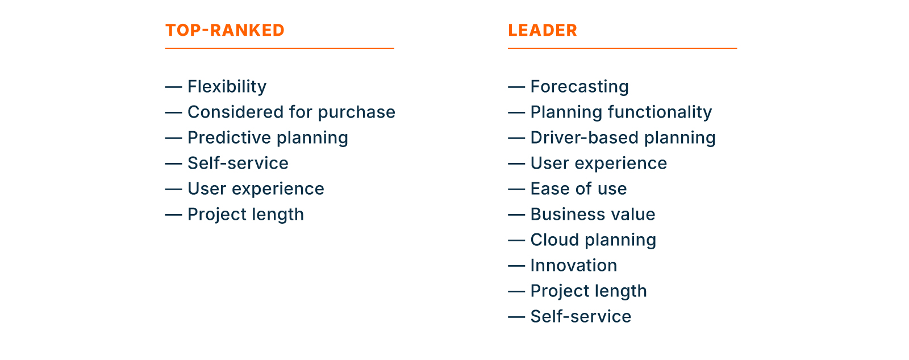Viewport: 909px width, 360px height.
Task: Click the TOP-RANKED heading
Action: (x=224, y=30)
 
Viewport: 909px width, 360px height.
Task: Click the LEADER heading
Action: (x=542, y=30)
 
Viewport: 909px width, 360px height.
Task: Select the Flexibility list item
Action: (x=227, y=86)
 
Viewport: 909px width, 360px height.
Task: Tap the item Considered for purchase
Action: (x=291, y=112)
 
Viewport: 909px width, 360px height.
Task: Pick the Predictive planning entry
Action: (x=268, y=137)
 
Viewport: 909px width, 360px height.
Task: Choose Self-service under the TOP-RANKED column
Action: (x=237, y=163)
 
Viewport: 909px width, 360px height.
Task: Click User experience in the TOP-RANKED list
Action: (x=256, y=189)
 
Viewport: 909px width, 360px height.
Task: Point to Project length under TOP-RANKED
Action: (x=245, y=214)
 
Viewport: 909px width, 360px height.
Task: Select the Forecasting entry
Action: (x=579, y=86)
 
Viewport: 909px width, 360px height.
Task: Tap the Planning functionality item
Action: (x=620, y=112)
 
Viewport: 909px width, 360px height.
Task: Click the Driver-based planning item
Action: (x=623, y=137)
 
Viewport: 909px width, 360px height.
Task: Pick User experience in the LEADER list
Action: (x=598, y=163)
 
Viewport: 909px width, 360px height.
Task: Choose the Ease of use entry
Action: (x=578, y=189)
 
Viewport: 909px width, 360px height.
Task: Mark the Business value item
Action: (x=593, y=214)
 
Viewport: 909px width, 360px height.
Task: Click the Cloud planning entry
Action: (x=593, y=240)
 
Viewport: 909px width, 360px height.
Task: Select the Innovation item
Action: (x=573, y=265)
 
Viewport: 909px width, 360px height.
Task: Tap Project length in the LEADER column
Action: (x=588, y=291)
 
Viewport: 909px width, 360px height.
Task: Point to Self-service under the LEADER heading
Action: (x=581, y=316)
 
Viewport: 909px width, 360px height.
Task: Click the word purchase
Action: (x=356, y=112)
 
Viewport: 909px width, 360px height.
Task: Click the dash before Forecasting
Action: (x=516, y=87)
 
